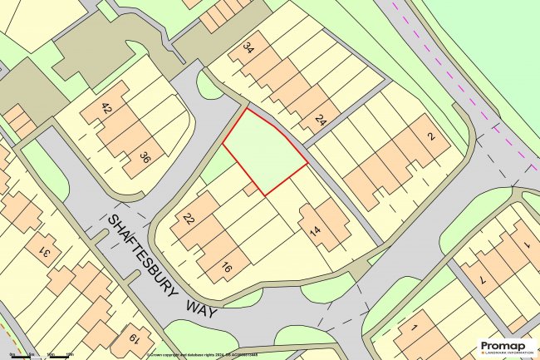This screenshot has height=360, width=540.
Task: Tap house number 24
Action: pos(320,121)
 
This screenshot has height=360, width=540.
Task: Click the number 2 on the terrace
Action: pos(430,138)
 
